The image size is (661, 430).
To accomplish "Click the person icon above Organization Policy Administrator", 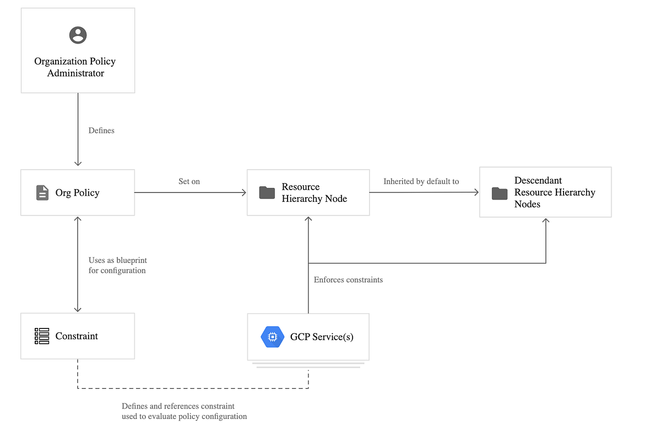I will (x=78, y=35).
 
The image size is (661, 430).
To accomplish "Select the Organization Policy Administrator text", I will (x=75, y=67).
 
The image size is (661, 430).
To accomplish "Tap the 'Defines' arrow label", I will (x=101, y=131).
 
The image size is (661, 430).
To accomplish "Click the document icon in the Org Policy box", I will (x=42, y=193).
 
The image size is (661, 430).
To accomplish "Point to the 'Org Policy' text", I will (x=77, y=193).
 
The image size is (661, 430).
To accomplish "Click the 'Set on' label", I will (x=189, y=181).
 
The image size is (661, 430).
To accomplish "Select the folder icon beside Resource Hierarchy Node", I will (x=267, y=193).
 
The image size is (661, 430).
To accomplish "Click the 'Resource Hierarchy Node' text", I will (x=314, y=193).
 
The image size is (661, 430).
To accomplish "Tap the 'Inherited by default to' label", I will (x=421, y=181).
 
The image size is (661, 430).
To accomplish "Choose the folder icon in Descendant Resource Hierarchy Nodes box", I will (x=500, y=193).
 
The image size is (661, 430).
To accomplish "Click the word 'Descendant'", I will (x=538, y=180).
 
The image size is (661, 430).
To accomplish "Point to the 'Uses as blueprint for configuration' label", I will (x=117, y=265).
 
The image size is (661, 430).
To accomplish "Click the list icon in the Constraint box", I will (x=42, y=336).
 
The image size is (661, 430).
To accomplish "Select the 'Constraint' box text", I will (x=77, y=336).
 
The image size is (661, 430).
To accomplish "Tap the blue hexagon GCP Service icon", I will (x=272, y=337).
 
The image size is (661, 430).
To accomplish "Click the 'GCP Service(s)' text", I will (x=322, y=337).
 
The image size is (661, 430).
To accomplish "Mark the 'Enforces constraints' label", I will (x=348, y=280).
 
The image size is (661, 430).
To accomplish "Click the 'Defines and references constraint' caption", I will (x=178, y=406).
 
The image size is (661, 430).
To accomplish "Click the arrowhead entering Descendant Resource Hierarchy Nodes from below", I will (x=546, y=221).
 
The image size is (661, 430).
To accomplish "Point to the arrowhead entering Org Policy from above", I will (x=78, y=163).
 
